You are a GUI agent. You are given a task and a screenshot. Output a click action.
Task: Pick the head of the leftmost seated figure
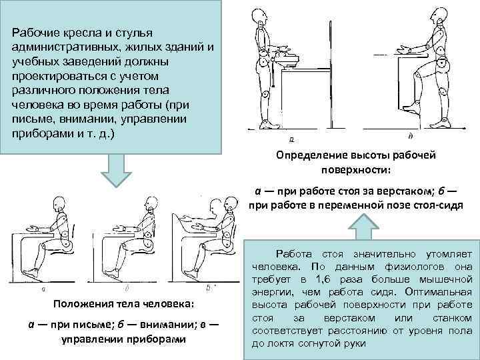coord(63,202)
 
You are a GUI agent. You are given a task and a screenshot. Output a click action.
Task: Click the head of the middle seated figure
coord(147,201)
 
